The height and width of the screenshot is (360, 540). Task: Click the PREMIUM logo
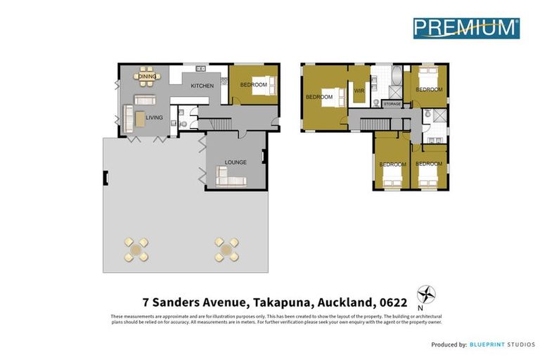[465, 28]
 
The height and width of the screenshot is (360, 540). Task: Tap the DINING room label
[147, 76]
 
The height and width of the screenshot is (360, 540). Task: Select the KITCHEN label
[202, 86]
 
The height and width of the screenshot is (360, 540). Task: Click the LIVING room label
[154, 117]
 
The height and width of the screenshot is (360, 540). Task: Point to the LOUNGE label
[236, 162]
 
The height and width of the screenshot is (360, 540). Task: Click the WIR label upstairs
[359, 91]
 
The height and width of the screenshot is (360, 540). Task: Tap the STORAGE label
[392, 104]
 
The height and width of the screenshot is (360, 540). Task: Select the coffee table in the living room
[141, 119]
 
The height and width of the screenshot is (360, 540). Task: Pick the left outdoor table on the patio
[136, 249]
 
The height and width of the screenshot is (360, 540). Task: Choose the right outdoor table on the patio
[226, 249]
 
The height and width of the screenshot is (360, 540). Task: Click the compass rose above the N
[426, 294]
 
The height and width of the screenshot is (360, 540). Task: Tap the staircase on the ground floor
[214, 124]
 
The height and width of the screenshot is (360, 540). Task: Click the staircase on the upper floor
[374, 124]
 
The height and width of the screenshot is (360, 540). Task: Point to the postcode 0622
[392, 303]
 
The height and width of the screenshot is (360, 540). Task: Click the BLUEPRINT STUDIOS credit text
[502, 345]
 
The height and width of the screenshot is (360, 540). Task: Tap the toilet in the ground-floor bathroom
[184, 124]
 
